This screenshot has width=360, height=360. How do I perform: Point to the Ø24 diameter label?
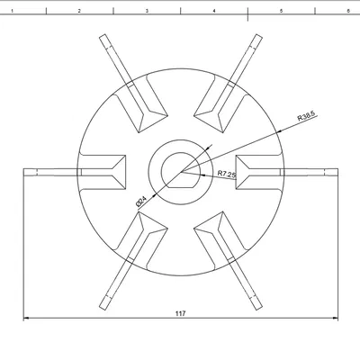pos(142,201)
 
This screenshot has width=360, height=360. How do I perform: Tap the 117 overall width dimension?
pos(181,312)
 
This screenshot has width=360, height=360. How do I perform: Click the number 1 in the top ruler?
pos(12,10)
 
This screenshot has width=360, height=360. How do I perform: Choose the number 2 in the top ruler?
pos(79,10)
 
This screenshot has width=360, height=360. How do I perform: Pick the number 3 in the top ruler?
pos(147,10)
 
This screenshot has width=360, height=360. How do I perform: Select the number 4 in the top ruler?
pos(214,10)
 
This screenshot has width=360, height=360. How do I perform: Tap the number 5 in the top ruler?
pos(282,10)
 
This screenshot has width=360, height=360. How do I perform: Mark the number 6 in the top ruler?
pos(347,10)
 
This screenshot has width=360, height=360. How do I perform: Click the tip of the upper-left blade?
pos(103,36)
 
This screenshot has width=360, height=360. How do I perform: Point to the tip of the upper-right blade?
pos(257,36)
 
